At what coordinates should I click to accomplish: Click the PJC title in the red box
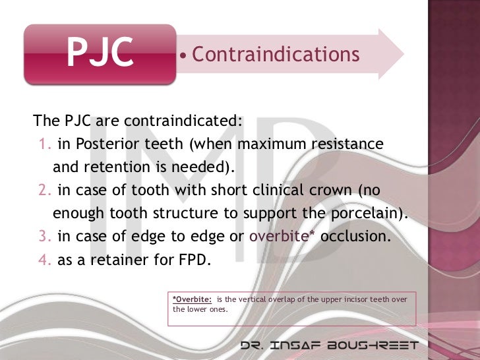(x=100, y=55)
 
